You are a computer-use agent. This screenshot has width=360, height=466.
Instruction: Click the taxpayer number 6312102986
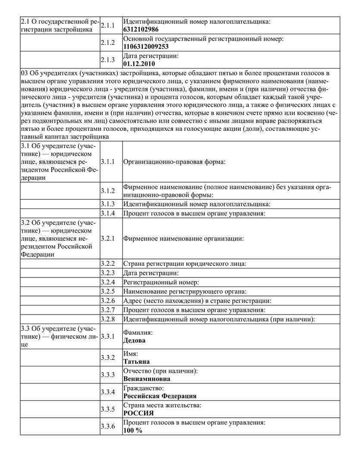click(141, 29)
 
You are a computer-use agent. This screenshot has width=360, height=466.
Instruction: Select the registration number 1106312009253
click(146, 47)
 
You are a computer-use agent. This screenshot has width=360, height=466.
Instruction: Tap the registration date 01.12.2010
click(139, 64)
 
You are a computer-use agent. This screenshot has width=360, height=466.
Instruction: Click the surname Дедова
click(134, 340)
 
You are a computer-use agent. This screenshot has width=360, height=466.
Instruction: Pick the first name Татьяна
click(136, 362)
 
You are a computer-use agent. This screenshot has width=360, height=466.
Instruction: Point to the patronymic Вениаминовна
click(147, 379)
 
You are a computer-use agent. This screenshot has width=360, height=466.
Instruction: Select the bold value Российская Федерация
click(160, 396)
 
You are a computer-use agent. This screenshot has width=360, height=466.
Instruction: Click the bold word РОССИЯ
click(138, 413)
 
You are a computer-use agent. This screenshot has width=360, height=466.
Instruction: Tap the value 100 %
click(132, 430)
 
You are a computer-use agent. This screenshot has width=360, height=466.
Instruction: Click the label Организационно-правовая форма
click(175, 162)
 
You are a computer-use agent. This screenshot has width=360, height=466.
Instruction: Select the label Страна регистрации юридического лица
click(185, 263)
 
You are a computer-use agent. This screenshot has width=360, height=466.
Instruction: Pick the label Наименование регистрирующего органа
click(185, 291)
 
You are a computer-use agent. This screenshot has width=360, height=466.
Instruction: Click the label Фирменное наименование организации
click(184, 238)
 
